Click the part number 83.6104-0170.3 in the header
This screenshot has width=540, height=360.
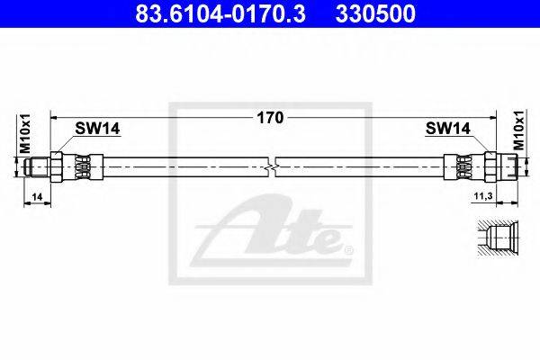pos(220,13)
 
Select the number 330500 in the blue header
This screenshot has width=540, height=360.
pos(375,13)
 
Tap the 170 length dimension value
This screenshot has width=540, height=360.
pos(270,118)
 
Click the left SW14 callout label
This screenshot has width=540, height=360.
pos(97,129)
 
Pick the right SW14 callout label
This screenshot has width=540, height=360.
pos(447,129)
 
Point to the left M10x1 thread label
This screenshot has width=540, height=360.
pos(25,134)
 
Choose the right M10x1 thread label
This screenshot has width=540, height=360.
pos(519,130)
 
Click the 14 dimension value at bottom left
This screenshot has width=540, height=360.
pos(37,197)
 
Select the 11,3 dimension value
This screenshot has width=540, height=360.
pos(483,196)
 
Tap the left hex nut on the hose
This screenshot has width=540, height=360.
pos(56,167)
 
